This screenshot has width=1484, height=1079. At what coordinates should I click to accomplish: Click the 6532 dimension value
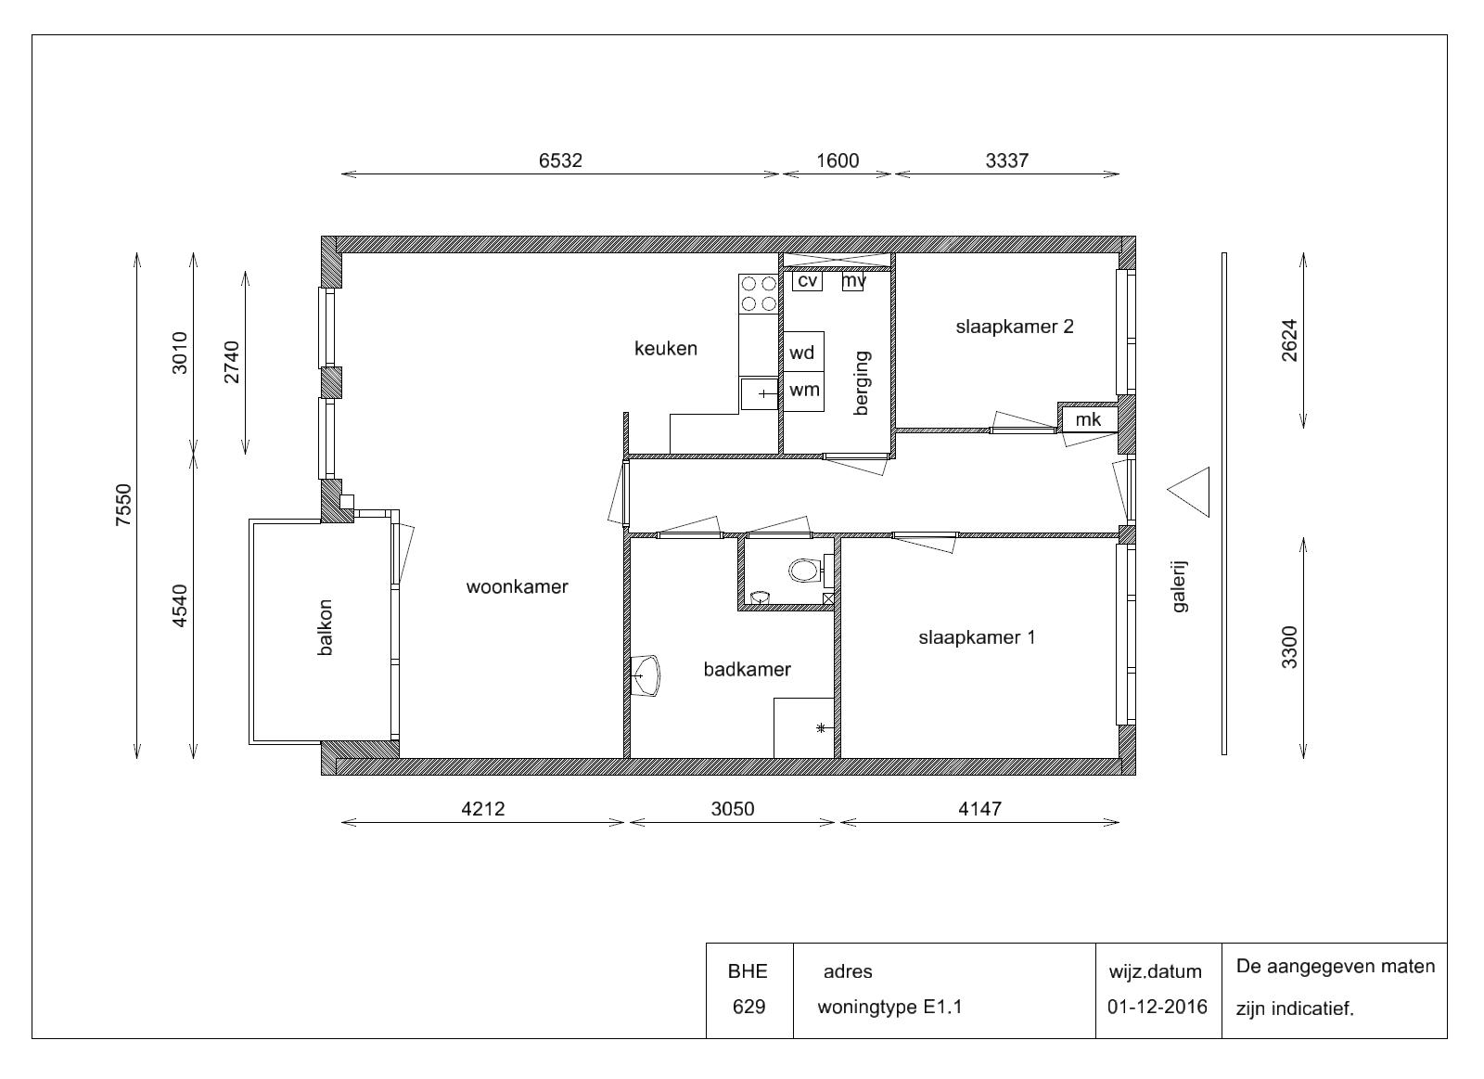point(560,161)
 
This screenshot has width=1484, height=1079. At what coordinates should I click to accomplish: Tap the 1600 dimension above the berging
point(838,161)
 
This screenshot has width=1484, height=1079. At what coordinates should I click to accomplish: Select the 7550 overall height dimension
point(124,505)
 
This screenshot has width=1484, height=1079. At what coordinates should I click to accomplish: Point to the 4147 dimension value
point(979,809)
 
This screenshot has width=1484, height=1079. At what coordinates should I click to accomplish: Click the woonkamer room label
point(518,586)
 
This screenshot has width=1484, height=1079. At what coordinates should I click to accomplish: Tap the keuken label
point(666,348)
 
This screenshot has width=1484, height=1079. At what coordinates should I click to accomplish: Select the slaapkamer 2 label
point(1015,326)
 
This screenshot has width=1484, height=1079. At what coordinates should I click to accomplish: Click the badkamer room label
point(748,670)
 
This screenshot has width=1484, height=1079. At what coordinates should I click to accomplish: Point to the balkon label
point(325,627)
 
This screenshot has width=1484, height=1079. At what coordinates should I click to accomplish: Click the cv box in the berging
point(807,281)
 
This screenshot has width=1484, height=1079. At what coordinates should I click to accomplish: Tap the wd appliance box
point(803,352)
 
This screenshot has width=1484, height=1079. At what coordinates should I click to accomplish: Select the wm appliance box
point(803,391)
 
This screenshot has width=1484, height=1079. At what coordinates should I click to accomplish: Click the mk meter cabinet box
point(1090,419)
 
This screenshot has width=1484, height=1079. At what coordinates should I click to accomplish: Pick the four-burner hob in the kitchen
point(759,293)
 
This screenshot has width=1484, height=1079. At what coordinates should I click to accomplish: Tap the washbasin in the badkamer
point(646,675)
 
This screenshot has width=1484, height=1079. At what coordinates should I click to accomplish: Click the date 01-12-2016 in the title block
point(1158,1008)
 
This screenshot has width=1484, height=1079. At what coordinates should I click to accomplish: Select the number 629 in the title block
point(748,1008)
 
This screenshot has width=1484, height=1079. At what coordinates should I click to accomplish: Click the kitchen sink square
point(760,393)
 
